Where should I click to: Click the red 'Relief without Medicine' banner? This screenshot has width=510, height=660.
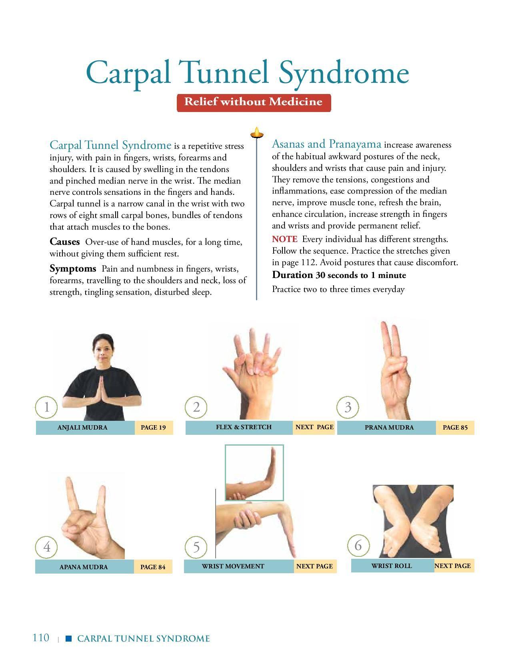[254, 103]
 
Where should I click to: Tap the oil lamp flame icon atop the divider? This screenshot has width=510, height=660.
[257, 132]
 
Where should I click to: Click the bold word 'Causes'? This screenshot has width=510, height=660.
[65, 242]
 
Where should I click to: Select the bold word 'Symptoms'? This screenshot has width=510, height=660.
[73, 269]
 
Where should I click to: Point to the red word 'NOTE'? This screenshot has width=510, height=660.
[285, 239]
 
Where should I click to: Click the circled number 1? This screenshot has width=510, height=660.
[46, 407]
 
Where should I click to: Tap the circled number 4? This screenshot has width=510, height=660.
[46, 547]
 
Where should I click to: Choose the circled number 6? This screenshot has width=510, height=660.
[358, 546]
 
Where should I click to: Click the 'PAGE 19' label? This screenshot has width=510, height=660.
[153, 427]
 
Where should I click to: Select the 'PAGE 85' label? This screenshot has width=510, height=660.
[455, 427]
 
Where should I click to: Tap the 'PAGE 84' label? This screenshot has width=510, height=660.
[153, 567]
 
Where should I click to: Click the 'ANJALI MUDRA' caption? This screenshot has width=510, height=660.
[82, 427]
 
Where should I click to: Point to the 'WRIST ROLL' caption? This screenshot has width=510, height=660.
[392, 566]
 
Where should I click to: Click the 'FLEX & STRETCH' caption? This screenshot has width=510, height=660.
[244, 427]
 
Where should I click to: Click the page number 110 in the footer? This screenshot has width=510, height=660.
[41, 638]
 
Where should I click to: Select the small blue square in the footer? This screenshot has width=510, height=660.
[69, 638]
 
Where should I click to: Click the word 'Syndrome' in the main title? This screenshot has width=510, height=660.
[344, 74]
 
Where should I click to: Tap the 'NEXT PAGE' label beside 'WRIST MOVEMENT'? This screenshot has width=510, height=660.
[314, 566]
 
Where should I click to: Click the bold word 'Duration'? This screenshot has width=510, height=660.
[292, 275]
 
